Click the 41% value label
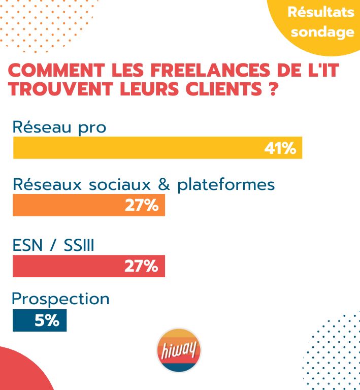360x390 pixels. tap(280, 148)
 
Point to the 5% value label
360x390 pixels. tap(47, 321)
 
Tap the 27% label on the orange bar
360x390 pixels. tap(142, 206)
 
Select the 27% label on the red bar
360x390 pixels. tap(142, 266)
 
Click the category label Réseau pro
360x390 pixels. tap(59, 126)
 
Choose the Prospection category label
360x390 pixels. tap(60, 299)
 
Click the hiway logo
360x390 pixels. tap(178, 350)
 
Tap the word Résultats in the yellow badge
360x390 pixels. tap(321, 12)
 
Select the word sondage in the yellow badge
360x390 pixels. tap(322, 32)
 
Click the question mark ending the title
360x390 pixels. tap(272, 90)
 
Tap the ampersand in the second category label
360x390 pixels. tap(164, 185)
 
